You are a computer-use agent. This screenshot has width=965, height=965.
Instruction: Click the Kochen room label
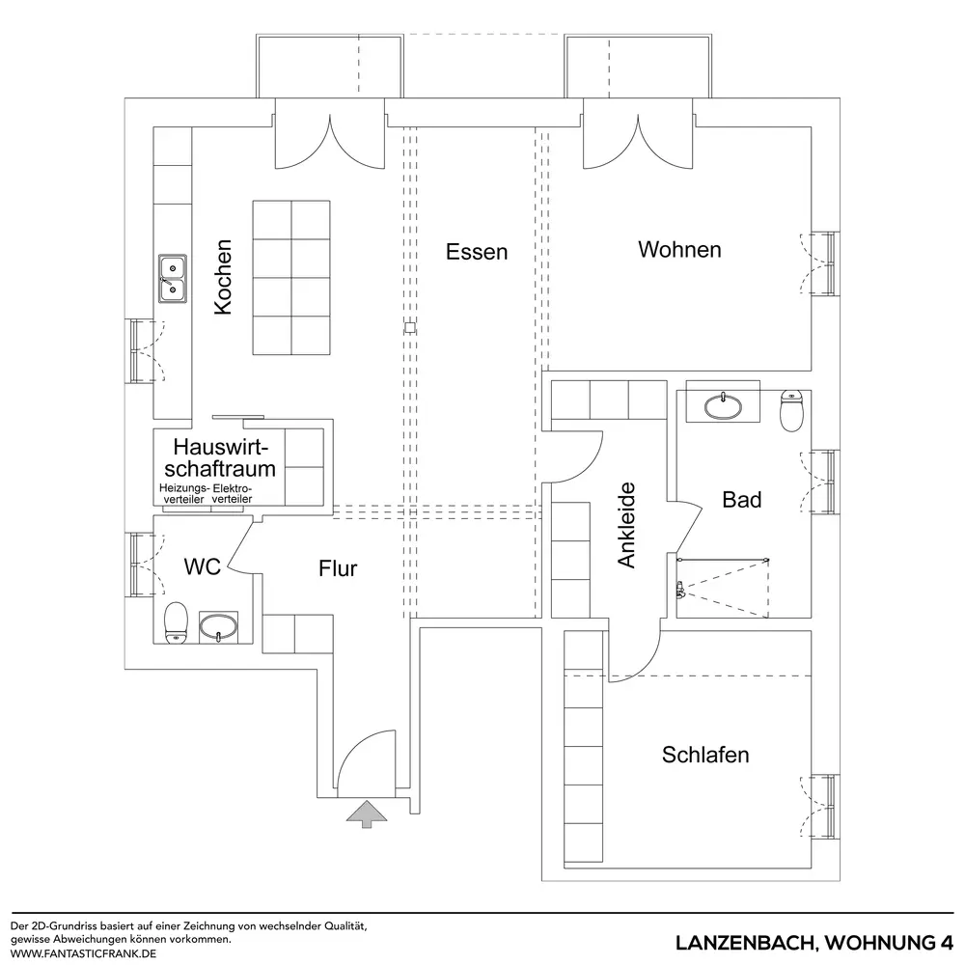223,277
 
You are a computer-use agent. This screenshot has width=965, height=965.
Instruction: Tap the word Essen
477,252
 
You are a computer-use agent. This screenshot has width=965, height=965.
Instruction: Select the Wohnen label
679,250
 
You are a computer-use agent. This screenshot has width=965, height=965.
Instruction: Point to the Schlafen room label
705,755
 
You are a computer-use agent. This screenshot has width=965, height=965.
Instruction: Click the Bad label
742,500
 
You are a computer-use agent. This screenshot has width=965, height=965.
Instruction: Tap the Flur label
339,568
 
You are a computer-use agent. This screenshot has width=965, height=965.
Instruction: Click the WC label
203,567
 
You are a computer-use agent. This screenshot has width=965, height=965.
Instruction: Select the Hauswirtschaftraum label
221,458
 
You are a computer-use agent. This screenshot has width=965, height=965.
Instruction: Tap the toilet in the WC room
176,621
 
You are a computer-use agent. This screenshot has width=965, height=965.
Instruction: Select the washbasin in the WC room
220,628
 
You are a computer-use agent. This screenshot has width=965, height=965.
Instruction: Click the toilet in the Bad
791,410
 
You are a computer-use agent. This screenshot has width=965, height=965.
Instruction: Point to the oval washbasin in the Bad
723,406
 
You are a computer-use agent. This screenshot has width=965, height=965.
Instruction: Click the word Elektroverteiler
233,496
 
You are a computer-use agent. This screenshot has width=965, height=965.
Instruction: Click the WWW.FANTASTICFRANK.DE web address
82,953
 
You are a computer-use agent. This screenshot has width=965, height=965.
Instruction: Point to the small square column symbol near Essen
410,327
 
